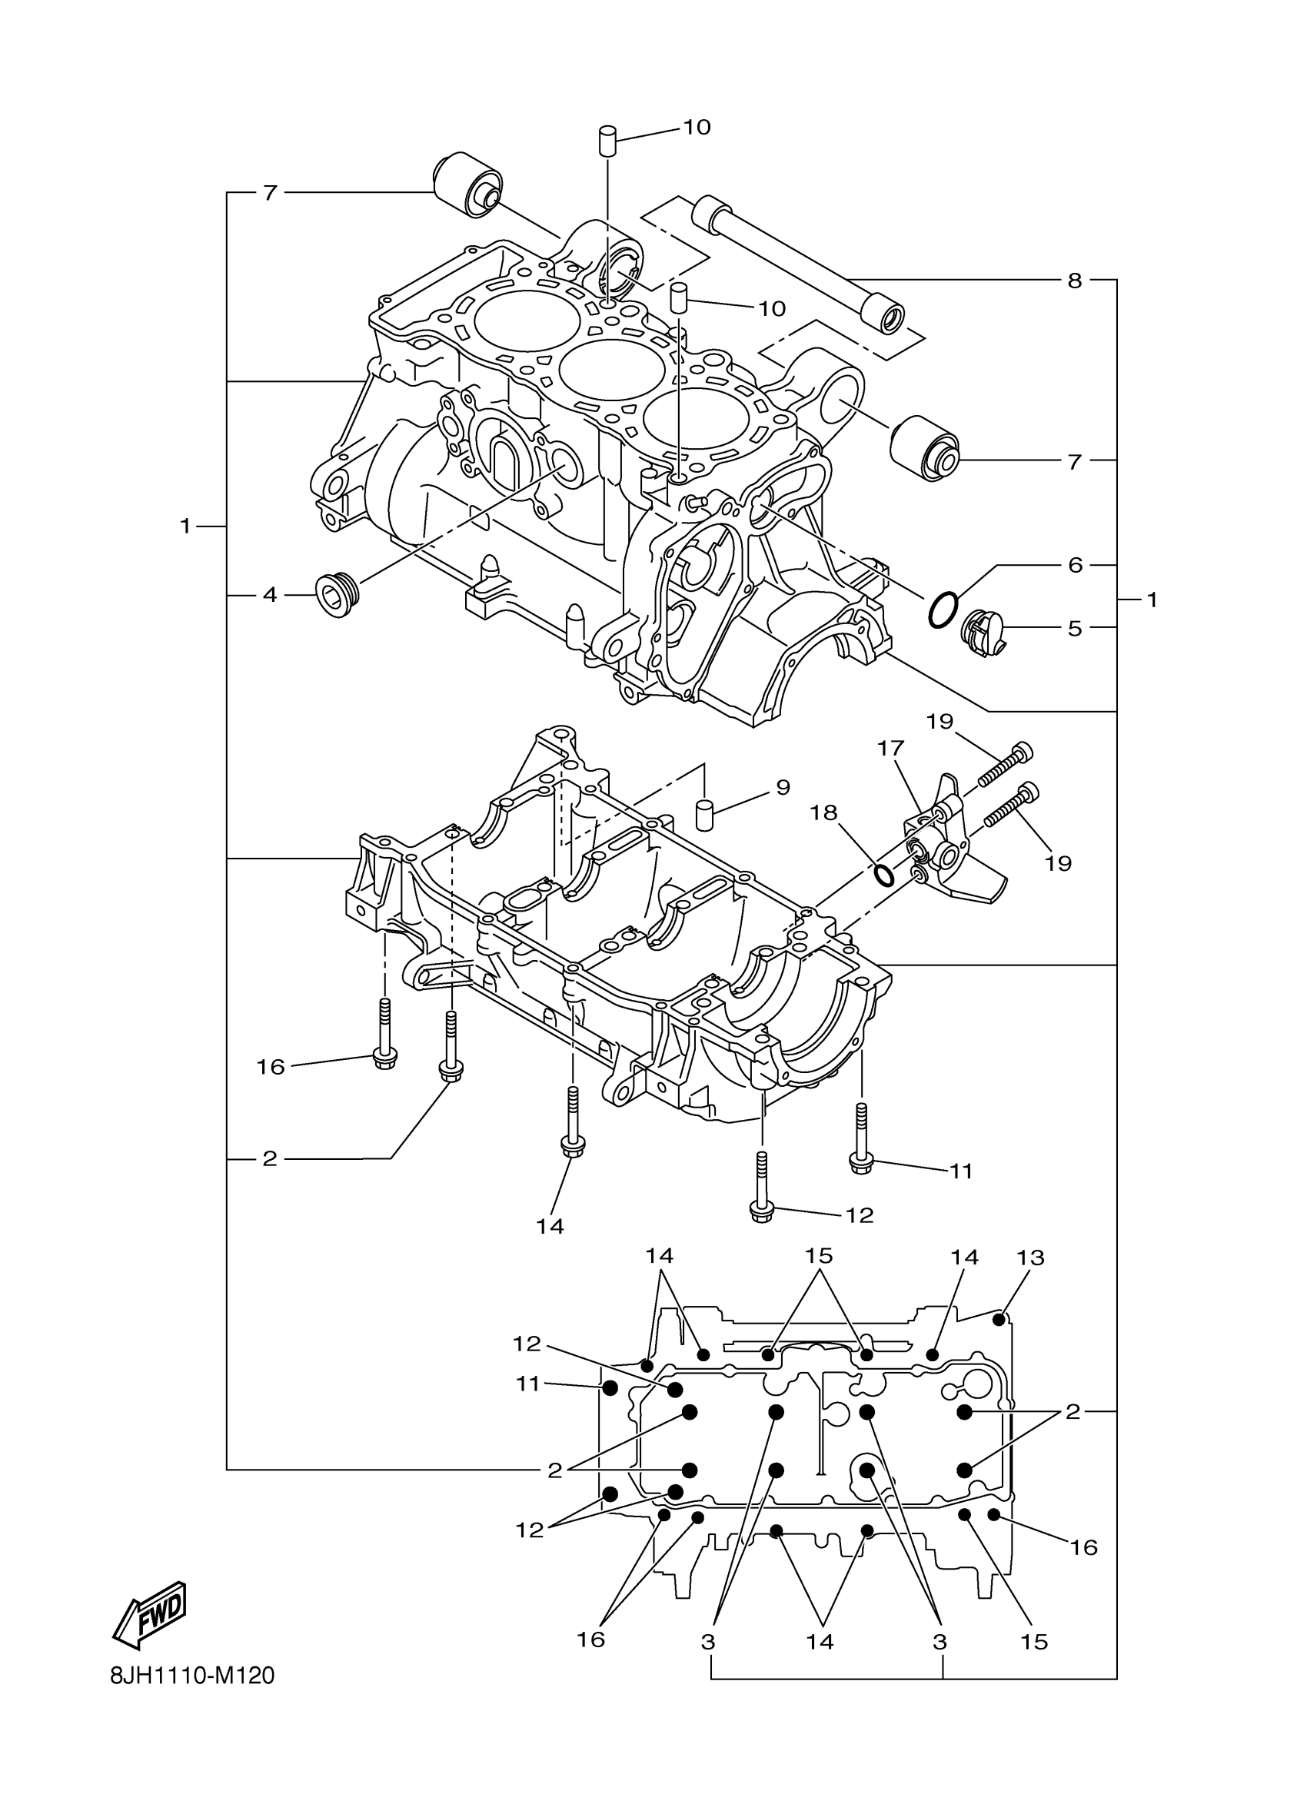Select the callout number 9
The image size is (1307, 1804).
[783, 787]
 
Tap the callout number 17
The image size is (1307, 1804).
[891, 749]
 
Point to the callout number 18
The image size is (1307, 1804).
[824, 813]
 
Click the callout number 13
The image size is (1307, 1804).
[1030, 1257]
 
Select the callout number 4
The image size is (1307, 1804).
[270, 594]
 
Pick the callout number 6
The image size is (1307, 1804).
[1075, 565]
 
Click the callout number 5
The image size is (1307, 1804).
[1075, 629]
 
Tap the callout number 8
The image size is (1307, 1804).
[1075, 280]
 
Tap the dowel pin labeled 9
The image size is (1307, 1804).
[704, 816]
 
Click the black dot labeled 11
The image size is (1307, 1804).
[610, 1388]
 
